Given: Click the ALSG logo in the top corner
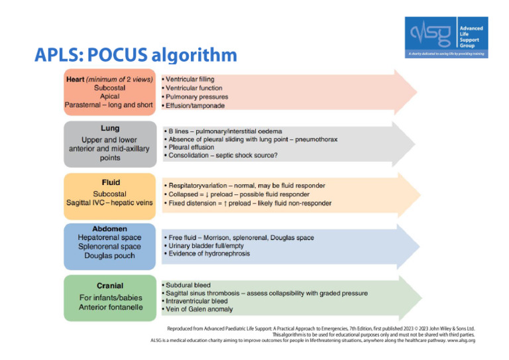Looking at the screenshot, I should [446, 36].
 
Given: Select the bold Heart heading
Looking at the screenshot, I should [75, 80].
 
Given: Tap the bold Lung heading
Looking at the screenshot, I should [109, 127].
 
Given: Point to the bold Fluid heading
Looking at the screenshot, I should [109, 181].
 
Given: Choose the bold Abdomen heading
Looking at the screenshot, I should [109, 229].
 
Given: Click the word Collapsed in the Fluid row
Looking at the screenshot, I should [184, 194].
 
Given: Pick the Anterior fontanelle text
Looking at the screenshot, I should [110, 306].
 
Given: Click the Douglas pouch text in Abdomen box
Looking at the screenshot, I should [109, 255].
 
